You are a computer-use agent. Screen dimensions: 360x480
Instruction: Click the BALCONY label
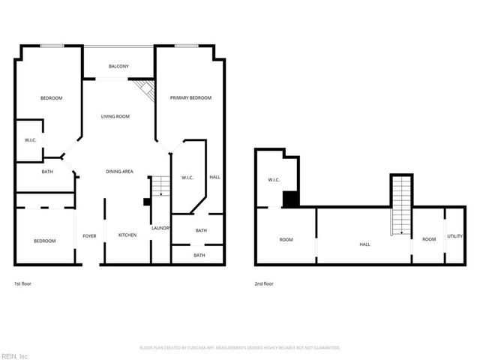[x=118, y=67]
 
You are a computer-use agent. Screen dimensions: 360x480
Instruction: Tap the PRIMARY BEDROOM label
[x=190, y=98]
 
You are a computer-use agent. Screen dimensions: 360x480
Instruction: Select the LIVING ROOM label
[x=115, y=116]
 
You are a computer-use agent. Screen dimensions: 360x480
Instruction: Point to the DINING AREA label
[x=119, y=172]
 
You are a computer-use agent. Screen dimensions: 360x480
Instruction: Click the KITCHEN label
[x=127, y=235]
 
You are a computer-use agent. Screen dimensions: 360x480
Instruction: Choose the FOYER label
[x=89, y=235]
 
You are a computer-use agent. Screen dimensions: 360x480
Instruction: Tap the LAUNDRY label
[x=161, y=228]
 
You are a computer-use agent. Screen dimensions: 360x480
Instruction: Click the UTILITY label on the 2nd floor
[x=455, y=236]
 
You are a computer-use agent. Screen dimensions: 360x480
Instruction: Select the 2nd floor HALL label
[x=365, y=244]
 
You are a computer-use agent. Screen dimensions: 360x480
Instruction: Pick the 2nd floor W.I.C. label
[x=274, y=180]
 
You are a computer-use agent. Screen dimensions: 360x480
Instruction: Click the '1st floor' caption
[x=22, y=284]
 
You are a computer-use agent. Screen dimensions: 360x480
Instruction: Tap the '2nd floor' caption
[x=264, y=284]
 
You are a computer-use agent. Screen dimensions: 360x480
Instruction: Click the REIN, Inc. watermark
[x=14, y=355]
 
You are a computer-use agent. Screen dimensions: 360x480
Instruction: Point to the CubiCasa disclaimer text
[x=240, y=348]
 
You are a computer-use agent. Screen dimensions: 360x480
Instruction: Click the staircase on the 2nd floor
[x=401, y=204]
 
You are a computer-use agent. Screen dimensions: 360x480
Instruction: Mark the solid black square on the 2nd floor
[x=291, y=199]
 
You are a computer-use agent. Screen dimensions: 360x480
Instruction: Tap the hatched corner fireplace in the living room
[x=145, y=91]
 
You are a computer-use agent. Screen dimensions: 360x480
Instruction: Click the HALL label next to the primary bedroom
[x=214, y=178]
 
